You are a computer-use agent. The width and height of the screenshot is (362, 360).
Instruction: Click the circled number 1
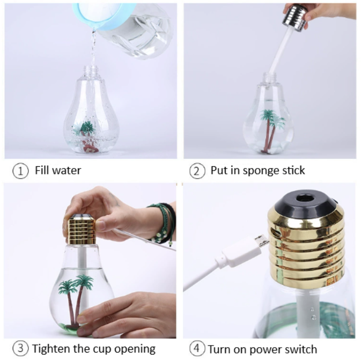tap(19, 171)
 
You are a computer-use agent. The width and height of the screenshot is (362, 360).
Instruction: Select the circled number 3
tap(19, 349)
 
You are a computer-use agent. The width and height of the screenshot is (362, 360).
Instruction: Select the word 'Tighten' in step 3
tap(52, 349)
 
